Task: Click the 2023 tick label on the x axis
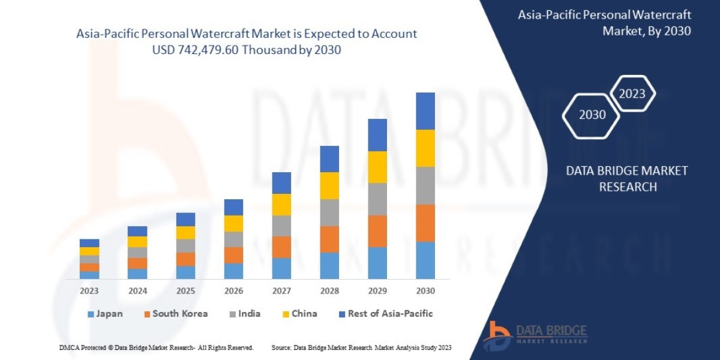click(89, 291)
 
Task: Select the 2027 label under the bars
click(281, 291)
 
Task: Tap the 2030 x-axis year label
click(425, 291)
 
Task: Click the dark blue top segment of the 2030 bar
click(425, 111)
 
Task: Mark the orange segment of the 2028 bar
click(329, 239)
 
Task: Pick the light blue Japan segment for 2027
click(281, 268)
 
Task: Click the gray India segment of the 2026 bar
click(233, 239)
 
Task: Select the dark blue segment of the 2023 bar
click(89, 243)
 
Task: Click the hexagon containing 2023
click(632, 94)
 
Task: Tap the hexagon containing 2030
click(592, 115)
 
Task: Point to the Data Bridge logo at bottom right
click(536, 335)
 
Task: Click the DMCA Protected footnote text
click(156, 347)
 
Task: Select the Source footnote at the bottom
click(361, 347)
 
